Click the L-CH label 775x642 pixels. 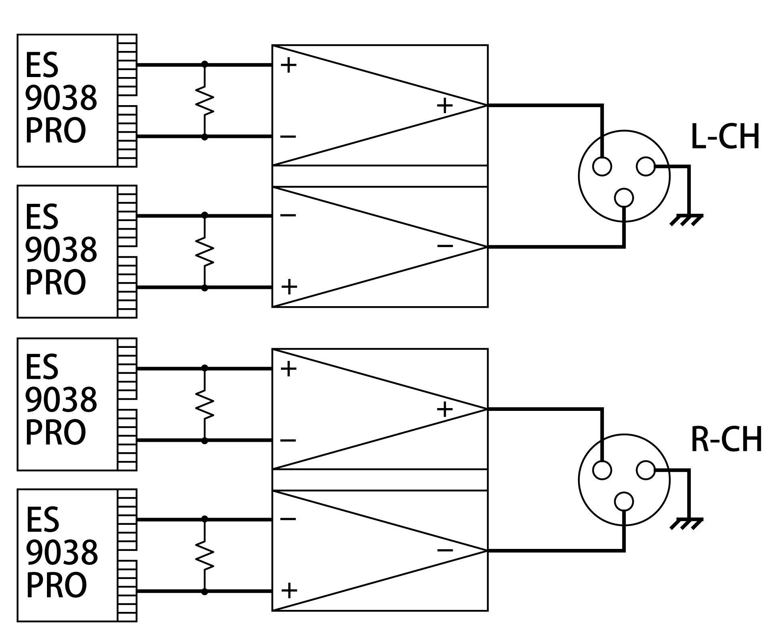click(x=725, y=137)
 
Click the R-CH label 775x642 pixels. click(x=726, y=440)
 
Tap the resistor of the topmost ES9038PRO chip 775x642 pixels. click(x=204, y=100)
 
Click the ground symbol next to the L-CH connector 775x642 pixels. click(x=686, y=220)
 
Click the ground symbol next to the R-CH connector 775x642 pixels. click(x=686, y=524)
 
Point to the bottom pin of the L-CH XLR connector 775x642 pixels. click(x=624, y=197)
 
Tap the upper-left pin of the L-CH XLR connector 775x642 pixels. click(x=602, y=166)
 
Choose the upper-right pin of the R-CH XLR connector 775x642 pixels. click(x=645, y=470)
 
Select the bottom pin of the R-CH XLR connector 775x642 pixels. click(x=624, y=501)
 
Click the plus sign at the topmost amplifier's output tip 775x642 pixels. click(x=444, y=106)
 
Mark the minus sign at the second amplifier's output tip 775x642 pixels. click(x=445, y=246)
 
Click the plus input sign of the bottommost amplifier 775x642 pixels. click(x=289, y=590)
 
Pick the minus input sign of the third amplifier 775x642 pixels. click(x=288, y=441)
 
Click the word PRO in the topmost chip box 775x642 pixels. click(x=55, y=131)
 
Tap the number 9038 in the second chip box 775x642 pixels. click(x=61, y=249)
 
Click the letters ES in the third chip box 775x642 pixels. click(x=42, y=367)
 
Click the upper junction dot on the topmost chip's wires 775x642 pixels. click(x=205, y=64)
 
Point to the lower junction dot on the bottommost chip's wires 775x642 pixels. click(x=205, y=591)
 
